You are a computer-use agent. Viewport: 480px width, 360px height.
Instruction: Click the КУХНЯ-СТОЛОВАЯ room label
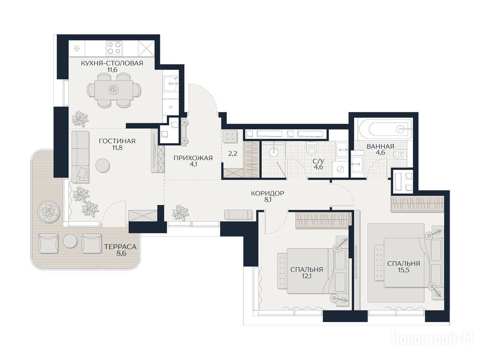[112, 63]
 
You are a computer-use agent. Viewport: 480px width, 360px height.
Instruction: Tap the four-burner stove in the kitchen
[114, 48]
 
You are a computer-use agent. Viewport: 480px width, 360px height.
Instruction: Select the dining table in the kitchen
[113, 90]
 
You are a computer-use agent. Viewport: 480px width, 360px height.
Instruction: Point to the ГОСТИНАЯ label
[117, 141]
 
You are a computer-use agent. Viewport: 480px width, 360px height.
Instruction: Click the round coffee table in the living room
[103, 165]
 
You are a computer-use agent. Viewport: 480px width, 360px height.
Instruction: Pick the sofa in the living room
[81, 157]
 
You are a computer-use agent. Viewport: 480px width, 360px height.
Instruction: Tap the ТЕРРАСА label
[120, 247]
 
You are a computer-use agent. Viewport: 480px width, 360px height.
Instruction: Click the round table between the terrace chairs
[70, 241]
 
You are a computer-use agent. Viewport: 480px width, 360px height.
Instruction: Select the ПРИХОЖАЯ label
[193, 158]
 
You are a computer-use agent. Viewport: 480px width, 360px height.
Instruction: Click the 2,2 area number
[232, 154]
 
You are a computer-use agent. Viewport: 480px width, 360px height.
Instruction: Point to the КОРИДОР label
[267, 194]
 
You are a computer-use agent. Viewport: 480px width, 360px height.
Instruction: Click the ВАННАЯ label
[380, 146]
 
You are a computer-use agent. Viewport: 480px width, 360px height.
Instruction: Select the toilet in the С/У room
[312, 148]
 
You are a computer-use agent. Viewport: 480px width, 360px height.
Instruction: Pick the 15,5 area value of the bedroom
[403, 270]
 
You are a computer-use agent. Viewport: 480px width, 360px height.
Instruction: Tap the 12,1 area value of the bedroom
[307, 276]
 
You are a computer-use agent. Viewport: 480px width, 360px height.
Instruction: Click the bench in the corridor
[238, 214]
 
